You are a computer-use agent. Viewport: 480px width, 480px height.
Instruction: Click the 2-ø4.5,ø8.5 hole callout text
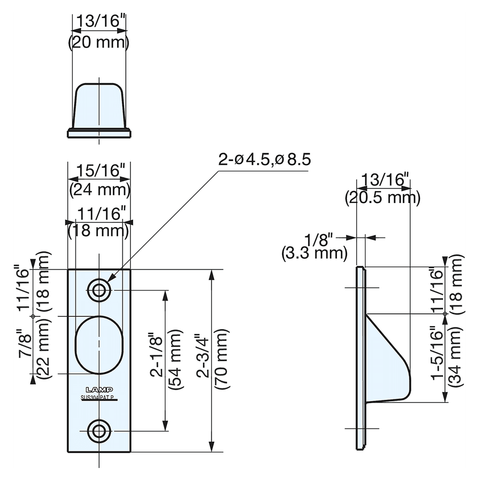(x=264, y=160)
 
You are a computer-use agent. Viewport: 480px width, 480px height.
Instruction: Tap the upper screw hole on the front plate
(x=99, y=290)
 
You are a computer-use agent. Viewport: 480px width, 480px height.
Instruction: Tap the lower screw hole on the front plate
(x=99, y=431)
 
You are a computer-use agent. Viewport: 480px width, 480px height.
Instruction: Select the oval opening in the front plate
(x=99, y=344)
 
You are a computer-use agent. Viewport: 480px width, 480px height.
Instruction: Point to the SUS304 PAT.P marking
(x=99, y=397)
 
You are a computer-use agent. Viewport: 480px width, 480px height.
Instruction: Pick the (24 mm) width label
(x=99, y=190)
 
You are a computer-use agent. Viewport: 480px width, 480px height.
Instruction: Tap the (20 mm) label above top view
(x=99, y=43)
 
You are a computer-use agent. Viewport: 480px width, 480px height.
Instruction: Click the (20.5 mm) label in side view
(x=383, y=197)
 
